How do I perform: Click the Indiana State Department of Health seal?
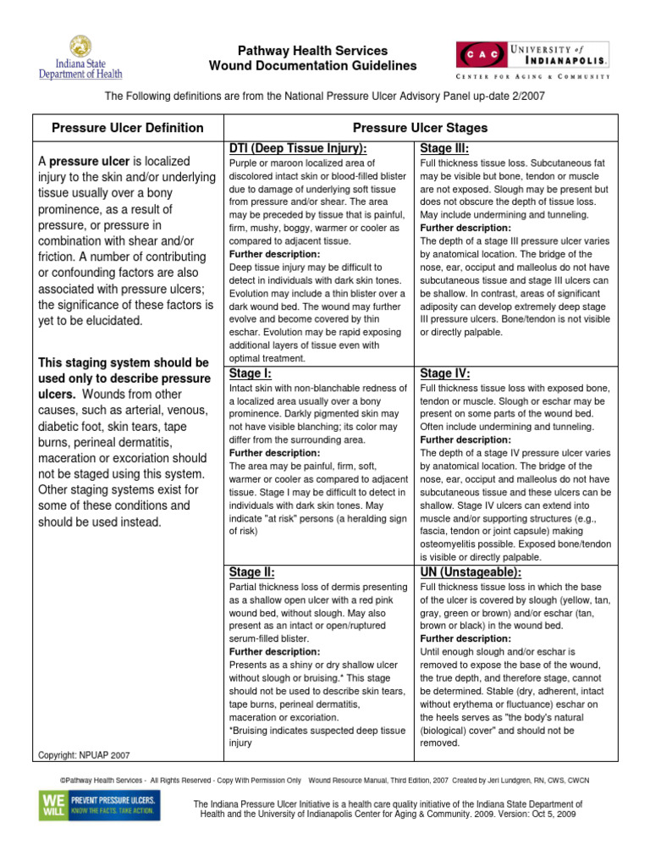(81, 47)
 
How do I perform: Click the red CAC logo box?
(482, 53)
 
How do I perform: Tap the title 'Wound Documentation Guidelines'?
(313, 66)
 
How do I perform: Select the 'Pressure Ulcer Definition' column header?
(128, 128)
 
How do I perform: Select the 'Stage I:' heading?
(251, 373)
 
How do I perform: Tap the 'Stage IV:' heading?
(445, 373)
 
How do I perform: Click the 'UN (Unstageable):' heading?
(471, 572)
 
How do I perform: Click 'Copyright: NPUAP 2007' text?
(84, 754)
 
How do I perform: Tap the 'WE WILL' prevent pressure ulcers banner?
(98, 805)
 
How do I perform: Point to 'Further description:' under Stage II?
(275, 652)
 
